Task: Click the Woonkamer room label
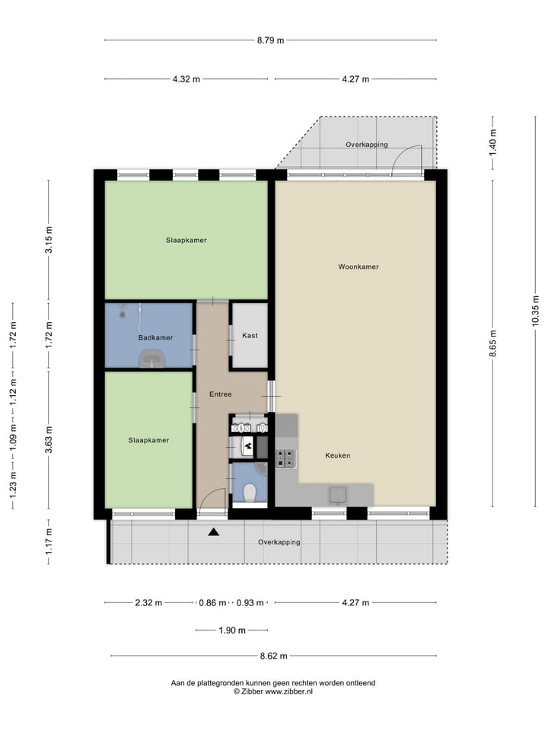[358, 267]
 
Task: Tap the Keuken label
[337, 455]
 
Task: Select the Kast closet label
[249, 336]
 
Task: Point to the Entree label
[221, 394]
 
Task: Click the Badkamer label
[155, 337]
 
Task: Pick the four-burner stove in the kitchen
[286, 458]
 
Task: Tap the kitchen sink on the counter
[337, 495]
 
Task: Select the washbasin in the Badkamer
[153, 359]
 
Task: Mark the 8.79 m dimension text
[270, 40]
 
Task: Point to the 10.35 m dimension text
[535, 311]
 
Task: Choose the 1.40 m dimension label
[492, 141]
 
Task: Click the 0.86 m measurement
[212, 603]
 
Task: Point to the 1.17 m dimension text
[49, 541]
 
